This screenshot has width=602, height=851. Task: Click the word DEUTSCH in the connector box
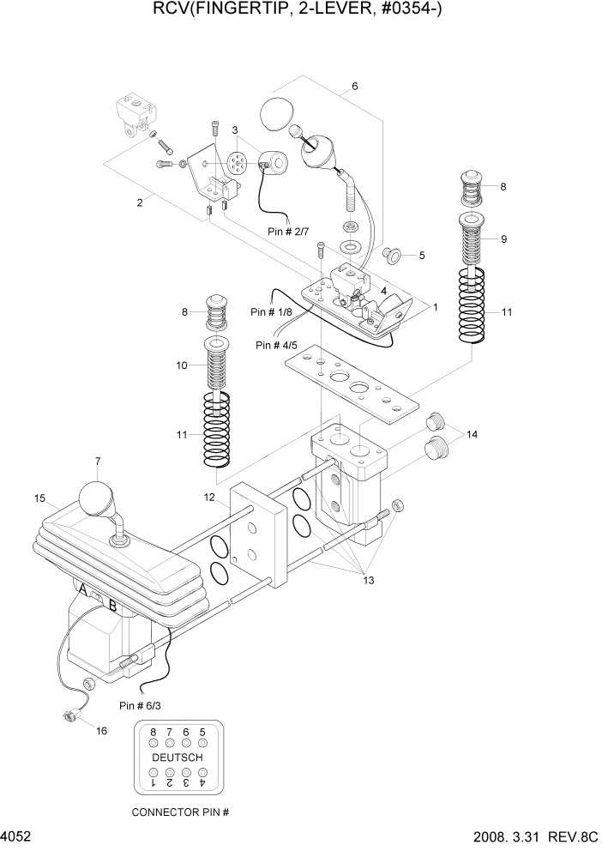(x=178, y=758)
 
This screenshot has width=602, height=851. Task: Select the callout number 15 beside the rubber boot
(x=39, y=498)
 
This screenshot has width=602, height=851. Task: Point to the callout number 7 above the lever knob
(x=99, y=462)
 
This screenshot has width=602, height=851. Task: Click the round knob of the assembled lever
(x=95, y=498)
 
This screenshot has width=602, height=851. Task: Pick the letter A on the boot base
(x=82, y=590)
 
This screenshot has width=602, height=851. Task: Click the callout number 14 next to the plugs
(x=472, y=435)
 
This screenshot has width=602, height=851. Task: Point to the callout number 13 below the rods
(x=370, y=581)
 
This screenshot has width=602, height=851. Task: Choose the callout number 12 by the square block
(x=209, y=498)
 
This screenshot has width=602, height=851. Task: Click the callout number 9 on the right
(x=503, y=239)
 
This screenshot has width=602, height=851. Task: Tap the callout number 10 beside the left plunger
(x=182, y=365)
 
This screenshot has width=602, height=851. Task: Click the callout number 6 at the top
(x=354, y=87)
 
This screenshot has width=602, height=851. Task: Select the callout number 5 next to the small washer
(x=421, y=256)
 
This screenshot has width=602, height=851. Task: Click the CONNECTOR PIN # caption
(x=179, y=812)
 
